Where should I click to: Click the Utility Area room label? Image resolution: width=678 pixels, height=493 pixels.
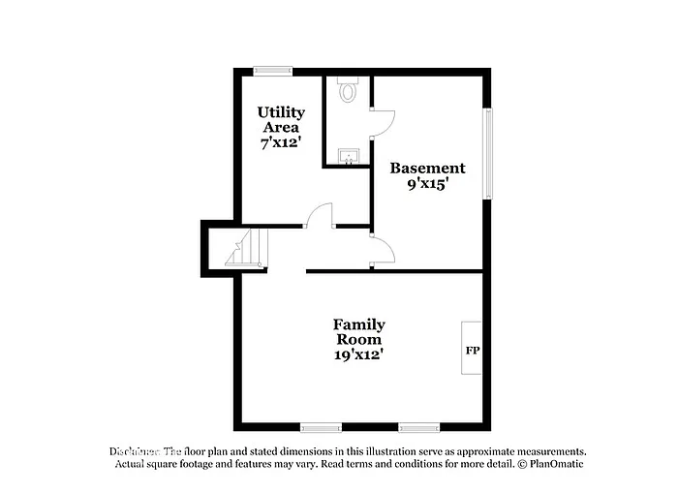click(x=281, y=119)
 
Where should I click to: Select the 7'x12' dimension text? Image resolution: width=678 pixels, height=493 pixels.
click(x=281, y=142)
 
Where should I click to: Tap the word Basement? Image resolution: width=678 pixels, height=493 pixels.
click(x=427, y=168)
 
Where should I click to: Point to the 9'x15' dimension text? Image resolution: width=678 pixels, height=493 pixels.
click(x=427, y=183)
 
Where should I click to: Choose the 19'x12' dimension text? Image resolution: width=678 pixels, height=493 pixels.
click(x=358, y=354)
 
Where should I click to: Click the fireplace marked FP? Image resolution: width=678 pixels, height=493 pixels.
click(x=472, y=350)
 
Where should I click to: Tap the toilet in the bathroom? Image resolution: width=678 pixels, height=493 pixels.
click(x=349, y=90)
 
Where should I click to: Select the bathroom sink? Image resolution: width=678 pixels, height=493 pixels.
click(x=348, y=155)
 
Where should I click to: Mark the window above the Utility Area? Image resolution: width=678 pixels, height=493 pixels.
click(x=273, y=70)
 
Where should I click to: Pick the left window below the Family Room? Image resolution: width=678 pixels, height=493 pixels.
click(x=320, y=427)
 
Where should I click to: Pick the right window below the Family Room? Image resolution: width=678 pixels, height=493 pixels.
click(x=418, y=427)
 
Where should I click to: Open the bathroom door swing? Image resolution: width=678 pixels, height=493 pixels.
click(x=383, y=121)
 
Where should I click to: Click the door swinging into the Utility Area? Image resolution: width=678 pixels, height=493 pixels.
click(x=320, y=215)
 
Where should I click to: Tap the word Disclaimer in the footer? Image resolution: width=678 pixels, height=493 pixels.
click(x=134, y=451)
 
